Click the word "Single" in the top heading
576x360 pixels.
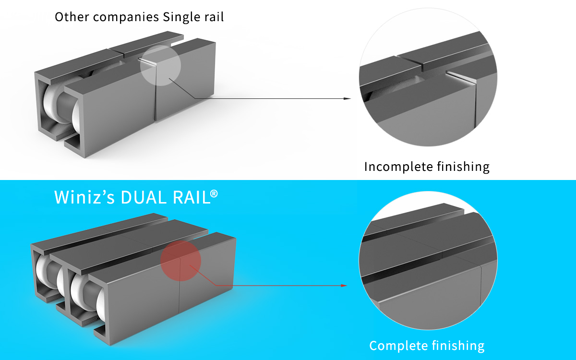click(x=181, y=17)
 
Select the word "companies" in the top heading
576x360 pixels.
click(x=124, y=18)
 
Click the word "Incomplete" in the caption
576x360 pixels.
click(x=396, y=167)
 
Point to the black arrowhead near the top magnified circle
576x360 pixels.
click(x=348, y=98)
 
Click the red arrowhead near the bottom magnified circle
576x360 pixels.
click(x=343, y=286)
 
